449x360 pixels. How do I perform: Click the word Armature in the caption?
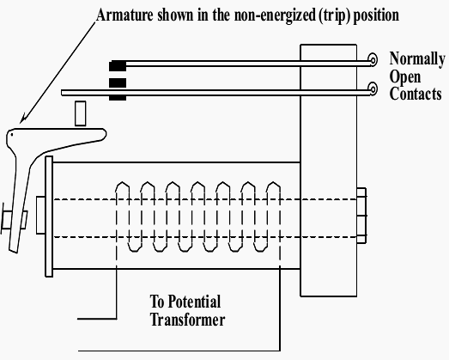click(x=124, y=15)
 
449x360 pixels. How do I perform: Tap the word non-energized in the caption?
click(x=275, y=15)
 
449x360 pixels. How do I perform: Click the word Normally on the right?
click(x=417, y=59)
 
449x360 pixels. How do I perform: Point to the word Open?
click(x=405, y=77)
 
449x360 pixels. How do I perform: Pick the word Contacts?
click(x=416, y=94)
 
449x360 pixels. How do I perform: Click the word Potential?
click(x=194, y=302)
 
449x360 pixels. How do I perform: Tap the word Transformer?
click(x=187, y=319)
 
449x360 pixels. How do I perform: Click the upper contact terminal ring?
click(x=373, y=60)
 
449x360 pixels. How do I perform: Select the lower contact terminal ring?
click(x=373, y=88)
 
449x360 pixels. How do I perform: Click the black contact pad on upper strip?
click(x=118, y=66)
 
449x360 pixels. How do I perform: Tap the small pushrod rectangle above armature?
click(x=81, y=113)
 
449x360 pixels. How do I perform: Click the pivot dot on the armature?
click(x=12, y=134)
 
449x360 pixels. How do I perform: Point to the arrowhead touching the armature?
click(x=23, y=119)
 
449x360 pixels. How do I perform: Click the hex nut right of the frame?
click(x=361, y=216)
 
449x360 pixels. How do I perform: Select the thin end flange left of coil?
click(x=49, y=217)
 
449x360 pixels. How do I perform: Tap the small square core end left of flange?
click(x=40, y=215)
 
